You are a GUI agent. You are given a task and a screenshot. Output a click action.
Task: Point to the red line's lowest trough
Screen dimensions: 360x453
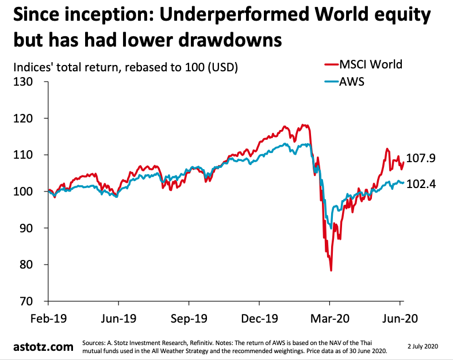pos(331,270)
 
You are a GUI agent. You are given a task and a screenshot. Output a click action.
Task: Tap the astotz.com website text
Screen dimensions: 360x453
pos(43,347)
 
